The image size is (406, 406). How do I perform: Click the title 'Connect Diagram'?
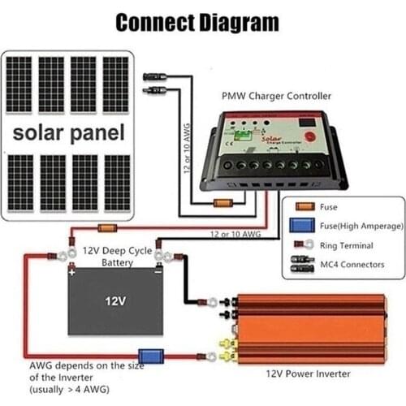(197, 22)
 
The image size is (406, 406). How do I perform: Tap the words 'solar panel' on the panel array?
(67, 132)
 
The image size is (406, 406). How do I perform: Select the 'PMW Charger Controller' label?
(276, 96)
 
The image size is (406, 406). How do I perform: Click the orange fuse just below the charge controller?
(222, 203)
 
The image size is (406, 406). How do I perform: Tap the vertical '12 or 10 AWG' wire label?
(187, 145)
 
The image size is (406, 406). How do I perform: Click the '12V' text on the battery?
(115, 301)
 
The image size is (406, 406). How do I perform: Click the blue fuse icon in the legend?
(303, 226)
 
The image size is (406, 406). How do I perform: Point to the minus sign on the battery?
(156, 273)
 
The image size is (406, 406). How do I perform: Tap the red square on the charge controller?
(307, 125)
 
